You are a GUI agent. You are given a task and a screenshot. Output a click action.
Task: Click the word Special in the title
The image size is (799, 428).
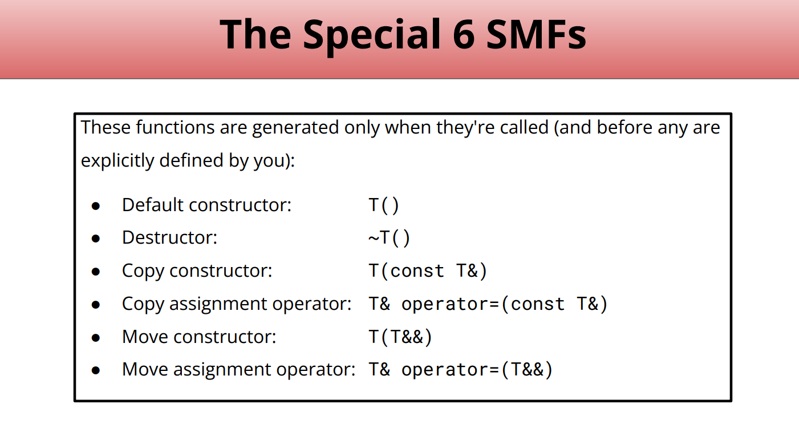tap(372, 37)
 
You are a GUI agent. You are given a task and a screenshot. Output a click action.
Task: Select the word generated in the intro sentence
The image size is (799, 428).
tap(295, 128)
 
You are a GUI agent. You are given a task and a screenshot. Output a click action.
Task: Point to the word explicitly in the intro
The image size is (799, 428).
tap(117, 160)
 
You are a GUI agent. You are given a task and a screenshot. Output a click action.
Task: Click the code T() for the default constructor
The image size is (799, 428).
tap(383, 205)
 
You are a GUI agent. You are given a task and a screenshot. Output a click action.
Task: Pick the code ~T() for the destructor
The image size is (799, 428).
tap(389, 238)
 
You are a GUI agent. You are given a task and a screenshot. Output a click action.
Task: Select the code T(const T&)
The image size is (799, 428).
tap(428, 270)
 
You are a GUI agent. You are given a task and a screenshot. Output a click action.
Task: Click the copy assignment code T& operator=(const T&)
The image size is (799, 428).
tap(488, 304)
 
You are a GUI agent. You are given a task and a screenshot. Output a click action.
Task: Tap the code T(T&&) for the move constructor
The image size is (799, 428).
tap(400, 337)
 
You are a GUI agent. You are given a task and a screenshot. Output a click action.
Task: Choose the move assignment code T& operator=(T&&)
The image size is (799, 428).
tap(460, 369)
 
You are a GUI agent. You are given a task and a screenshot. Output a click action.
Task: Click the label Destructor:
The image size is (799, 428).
tap(169, 237)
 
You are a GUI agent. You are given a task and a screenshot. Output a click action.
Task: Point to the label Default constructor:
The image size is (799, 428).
tap(206, 205)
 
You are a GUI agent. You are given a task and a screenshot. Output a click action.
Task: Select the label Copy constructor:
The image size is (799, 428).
tap(197, 271)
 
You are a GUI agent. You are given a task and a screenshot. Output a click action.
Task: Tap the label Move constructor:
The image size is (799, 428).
tap(199, 337)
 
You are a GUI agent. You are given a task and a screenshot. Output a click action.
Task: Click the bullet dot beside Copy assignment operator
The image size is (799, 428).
tap(96, 305)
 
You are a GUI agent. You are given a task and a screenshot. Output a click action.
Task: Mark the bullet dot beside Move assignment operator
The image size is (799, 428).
tap(96, 370)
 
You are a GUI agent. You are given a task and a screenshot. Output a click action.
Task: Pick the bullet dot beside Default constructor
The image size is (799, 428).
tap(96, 206)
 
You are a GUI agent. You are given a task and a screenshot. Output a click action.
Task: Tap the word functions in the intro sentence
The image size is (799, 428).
tap(175, 127)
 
